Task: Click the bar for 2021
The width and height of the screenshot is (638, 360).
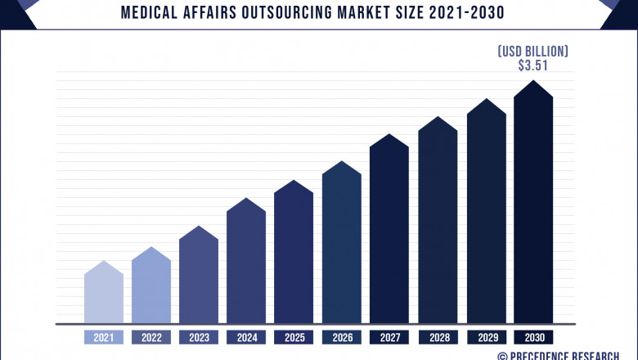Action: click(104, 295)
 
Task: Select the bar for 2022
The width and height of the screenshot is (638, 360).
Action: click(151, 286)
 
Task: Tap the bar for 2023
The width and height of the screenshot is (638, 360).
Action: click(199, 277)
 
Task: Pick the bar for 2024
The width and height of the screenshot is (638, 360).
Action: click(246, 262)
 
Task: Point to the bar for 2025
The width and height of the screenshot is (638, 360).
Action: click(294, 254)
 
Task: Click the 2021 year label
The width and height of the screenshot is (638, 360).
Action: click(104, 337)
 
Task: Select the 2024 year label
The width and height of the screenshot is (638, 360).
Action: click(246, 337)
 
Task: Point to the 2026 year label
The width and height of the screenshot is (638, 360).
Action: click(342, 337)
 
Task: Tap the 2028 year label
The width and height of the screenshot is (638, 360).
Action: click(438, 337)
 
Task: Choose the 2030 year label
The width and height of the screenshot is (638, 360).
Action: click(533, 337)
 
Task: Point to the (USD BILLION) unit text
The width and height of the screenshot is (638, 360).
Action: click(532, 52)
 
